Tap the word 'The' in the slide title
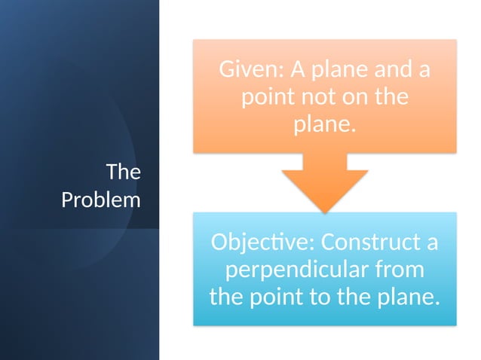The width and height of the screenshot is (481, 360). tap(123, 172)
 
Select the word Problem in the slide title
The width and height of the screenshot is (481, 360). tap(100, 200)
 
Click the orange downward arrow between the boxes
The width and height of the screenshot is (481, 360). tap(324, 185)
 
